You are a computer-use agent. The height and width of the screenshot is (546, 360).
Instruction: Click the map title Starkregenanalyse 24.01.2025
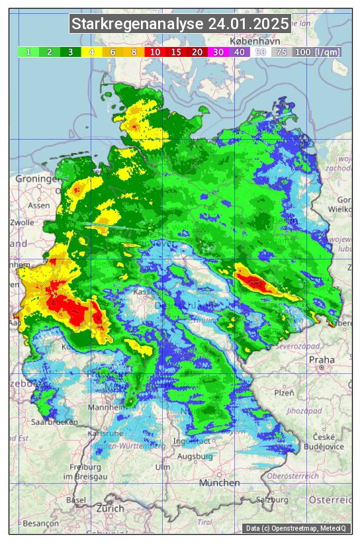tap(180, 24)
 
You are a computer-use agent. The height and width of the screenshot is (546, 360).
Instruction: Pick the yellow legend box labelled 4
tap(91, 52)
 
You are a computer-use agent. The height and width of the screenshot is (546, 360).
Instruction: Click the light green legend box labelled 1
tap(28, 52)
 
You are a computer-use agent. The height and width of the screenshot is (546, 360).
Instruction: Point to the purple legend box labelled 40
tap(239, 52)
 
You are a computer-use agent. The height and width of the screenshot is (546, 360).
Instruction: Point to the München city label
tap(220, 483)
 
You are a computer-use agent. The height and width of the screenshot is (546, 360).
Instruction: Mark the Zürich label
tap(110, 508)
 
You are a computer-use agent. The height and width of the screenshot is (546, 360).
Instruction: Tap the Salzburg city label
tap(274, 499)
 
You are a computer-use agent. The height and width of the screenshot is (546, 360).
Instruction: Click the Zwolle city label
tap(21, 222)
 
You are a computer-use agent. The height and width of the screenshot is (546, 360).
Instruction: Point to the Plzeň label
tap(284, 392)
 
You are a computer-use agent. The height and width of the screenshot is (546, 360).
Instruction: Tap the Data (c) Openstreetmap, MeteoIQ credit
tap(296, 528)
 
